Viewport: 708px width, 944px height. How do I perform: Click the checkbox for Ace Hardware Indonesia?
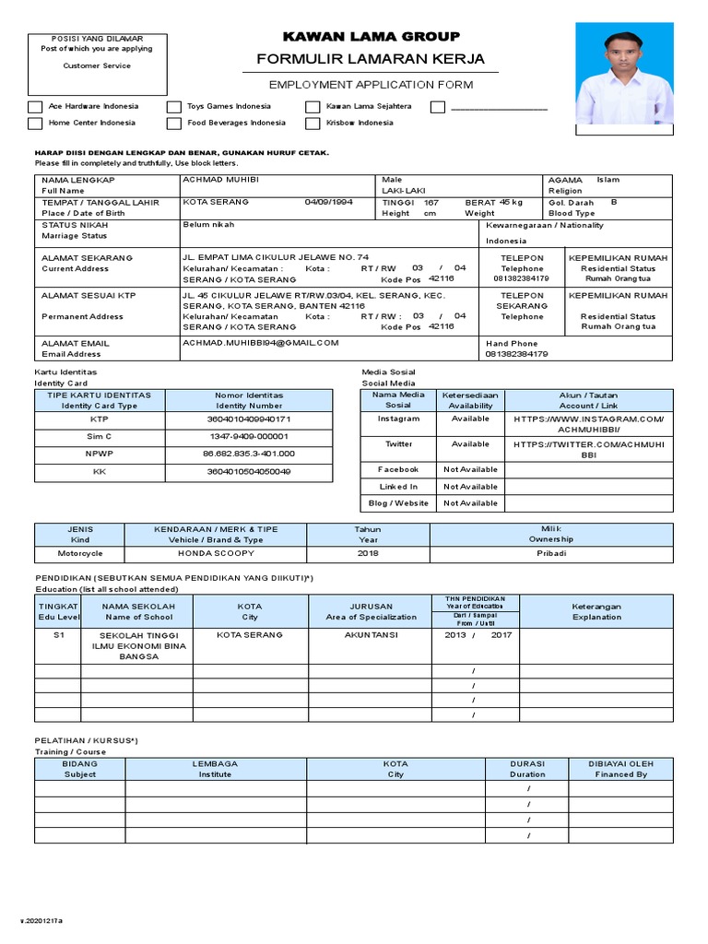point(35,106)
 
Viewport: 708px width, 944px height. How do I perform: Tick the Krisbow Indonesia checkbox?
point(313,123)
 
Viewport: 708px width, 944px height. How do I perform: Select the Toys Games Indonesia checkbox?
point(174,106)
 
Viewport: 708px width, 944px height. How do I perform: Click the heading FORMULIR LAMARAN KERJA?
point(370,59)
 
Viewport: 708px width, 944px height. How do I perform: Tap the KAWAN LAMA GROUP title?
point(370,36)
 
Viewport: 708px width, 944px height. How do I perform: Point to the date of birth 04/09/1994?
point(328,202)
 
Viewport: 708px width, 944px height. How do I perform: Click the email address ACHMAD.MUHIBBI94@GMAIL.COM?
point(261,342)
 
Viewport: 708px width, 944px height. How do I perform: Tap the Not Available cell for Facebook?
point(470,469)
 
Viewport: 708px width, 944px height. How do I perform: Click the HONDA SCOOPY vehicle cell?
point(215,554)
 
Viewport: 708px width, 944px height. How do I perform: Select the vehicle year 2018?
point(368,554)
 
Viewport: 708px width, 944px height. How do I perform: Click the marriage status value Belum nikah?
point(209,224)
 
